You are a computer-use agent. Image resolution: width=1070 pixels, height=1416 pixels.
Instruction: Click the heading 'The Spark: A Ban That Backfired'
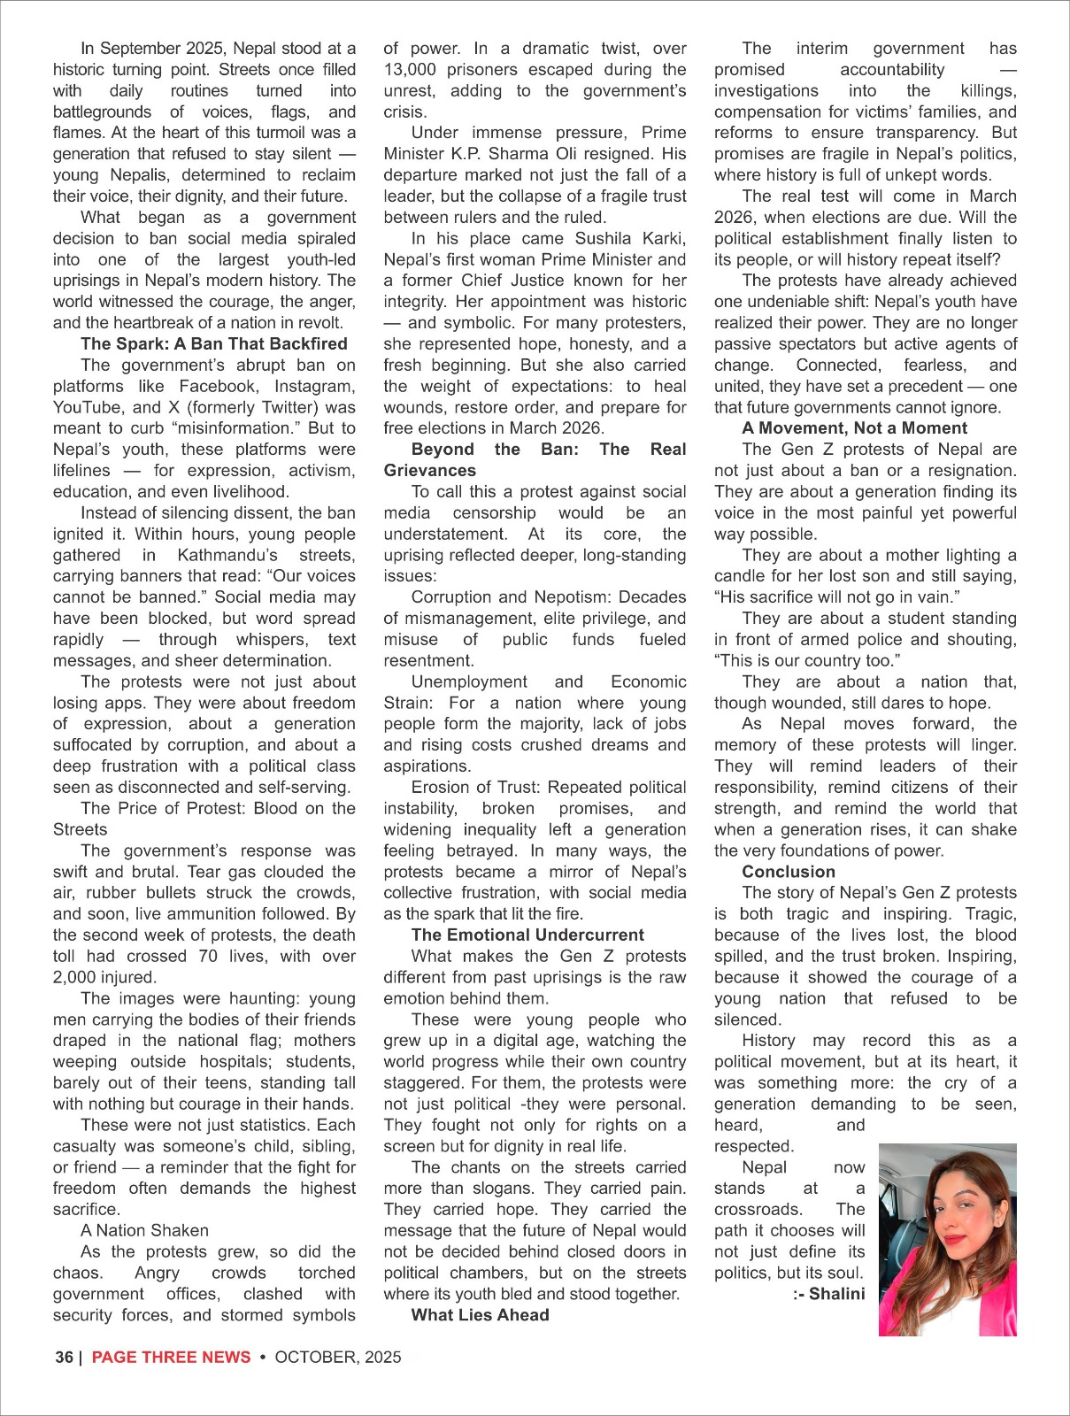[x=213, y=344]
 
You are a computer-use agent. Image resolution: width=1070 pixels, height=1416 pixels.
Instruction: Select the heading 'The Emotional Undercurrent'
[x=527, y=935]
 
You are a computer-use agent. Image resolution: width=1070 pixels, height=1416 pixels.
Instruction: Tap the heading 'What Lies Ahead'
[x=480, y=1315]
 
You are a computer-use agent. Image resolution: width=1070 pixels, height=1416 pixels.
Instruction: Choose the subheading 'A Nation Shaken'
[x=144, y=1231]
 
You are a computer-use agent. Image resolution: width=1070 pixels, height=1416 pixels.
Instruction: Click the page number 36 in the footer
[x=64, y=1358]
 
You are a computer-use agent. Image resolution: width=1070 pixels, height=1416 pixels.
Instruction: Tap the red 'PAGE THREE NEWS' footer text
[x=171, y=1358]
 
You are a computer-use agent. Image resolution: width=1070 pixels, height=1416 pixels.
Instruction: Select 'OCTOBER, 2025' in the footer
[x=338, y=1358]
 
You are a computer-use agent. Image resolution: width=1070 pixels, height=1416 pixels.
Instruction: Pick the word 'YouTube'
[x=87, y=408]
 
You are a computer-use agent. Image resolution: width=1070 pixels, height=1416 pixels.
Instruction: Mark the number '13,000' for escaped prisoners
[x=410, y=70]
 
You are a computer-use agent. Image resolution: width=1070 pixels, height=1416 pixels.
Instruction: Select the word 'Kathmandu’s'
[x=227, y=556]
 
